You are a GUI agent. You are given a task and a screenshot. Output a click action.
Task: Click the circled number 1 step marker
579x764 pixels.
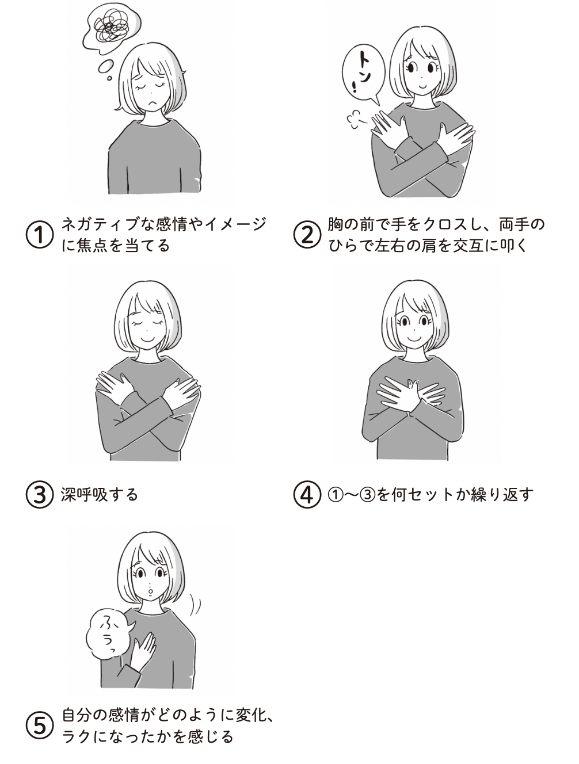pyautogui.click(x=40, y=235)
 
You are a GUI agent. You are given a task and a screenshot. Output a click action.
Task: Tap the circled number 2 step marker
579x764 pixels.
pyautogui.click(x=307, y=235)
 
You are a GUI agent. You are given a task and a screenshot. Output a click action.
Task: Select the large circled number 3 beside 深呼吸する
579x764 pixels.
pyautogui.click(x=40, y=494)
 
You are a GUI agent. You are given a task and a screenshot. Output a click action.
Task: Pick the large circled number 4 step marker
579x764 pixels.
pyautogui.click(x=307, y=494)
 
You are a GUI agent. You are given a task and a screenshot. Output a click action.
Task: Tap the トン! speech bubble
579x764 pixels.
pyautogui.click(x=364, y=73)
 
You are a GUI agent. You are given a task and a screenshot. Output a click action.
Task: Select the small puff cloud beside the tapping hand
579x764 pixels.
pyautogui.click(x=356, y=120)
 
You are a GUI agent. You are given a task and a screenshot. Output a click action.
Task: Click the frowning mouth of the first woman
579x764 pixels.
pyautogui.click(x=153, y=104)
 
